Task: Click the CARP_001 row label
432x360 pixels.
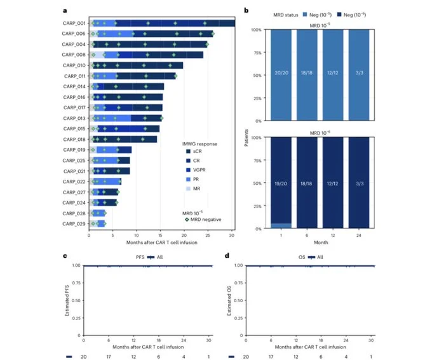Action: pos(73,23)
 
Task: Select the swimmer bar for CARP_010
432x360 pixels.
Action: pos(137,65)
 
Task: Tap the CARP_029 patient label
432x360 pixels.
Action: pos(73,223)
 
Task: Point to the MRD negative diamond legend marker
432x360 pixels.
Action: pos(186,219)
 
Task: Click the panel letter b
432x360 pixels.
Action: pos(246,10)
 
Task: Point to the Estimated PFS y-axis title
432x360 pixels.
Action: pos(67,300)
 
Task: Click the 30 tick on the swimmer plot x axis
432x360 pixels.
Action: pos(232,236)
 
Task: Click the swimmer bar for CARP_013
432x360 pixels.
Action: pos(127,117)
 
